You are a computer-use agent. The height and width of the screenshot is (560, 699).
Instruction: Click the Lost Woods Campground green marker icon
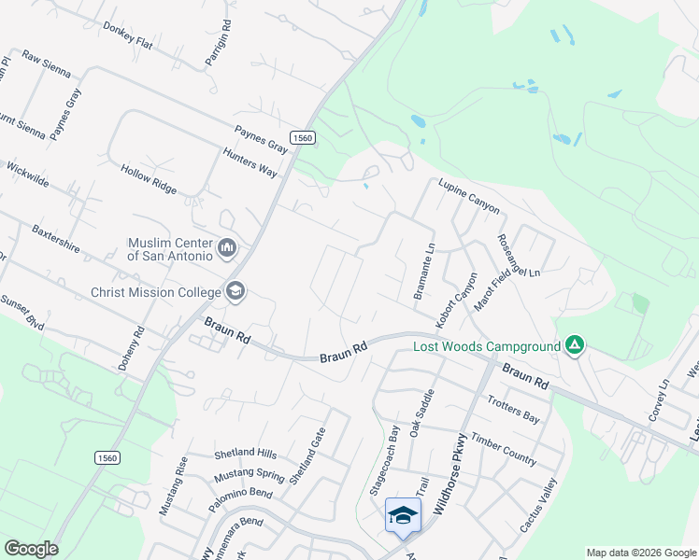(575, 347)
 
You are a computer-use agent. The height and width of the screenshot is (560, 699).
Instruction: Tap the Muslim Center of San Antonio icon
(227, 248)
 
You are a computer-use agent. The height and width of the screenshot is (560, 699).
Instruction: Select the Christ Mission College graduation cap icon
(235, 291)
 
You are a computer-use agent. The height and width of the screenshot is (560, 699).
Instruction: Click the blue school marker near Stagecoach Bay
(403, 516)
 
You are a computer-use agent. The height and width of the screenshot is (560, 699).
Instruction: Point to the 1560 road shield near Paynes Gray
(303, 137)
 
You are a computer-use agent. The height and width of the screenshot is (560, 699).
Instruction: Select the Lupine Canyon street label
(469, 196)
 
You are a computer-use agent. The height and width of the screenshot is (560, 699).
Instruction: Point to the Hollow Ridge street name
(148, 178)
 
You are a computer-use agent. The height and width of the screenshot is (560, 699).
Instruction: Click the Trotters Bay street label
(513, 410)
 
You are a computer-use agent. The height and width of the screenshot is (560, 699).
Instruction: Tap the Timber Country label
(504, 449)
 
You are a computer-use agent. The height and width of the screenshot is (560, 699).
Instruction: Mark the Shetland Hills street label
(246, 454)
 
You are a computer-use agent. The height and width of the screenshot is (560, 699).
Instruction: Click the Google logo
(30, 549)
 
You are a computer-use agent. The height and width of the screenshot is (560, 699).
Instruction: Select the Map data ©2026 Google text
(640, 553)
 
